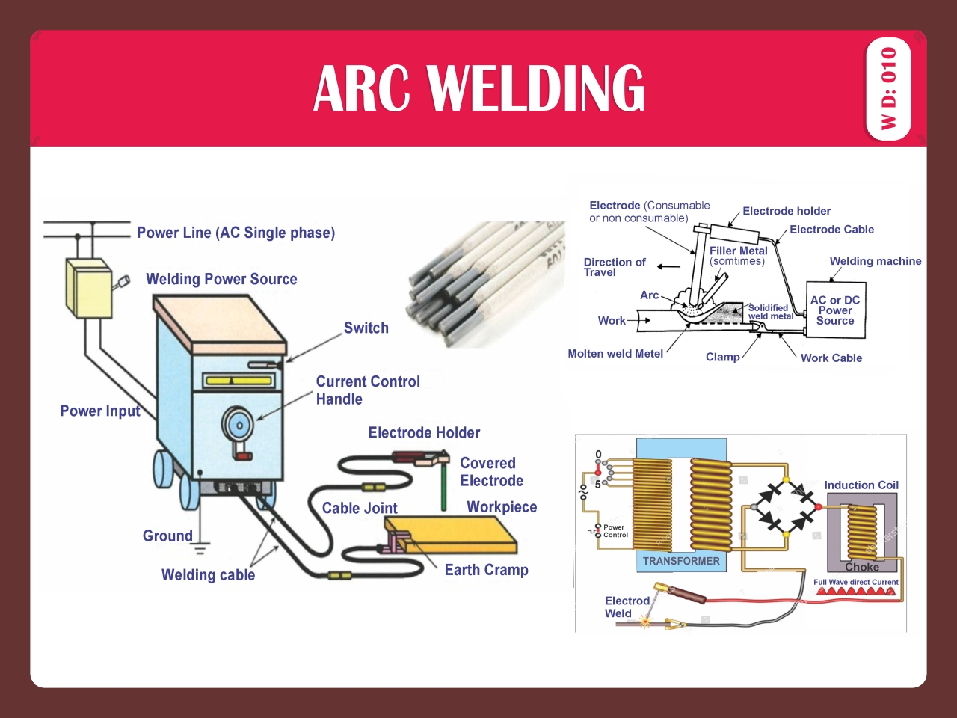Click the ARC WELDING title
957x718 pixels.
click(x=478, y=88)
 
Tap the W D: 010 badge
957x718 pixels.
click(x=888, y=88)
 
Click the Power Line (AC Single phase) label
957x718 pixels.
click(x=236, y=233)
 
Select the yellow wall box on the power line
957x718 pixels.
click(x=88, y=289)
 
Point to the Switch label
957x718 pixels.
click(x=366, y=328)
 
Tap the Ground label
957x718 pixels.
click(x=167, y=536)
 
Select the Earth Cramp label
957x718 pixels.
click(x=486, y=570)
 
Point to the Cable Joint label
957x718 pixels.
click(x=360, y=508)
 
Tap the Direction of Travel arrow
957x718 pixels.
click(x=668, y=266)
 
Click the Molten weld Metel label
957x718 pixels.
click(x=615, y=354)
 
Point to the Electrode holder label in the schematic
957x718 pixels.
click(x=786, y=211)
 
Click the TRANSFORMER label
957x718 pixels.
click(x=681, y=561)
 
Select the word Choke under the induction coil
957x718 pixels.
click(x=861, y=567)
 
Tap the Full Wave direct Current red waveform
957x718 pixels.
click(x=857, y=592)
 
